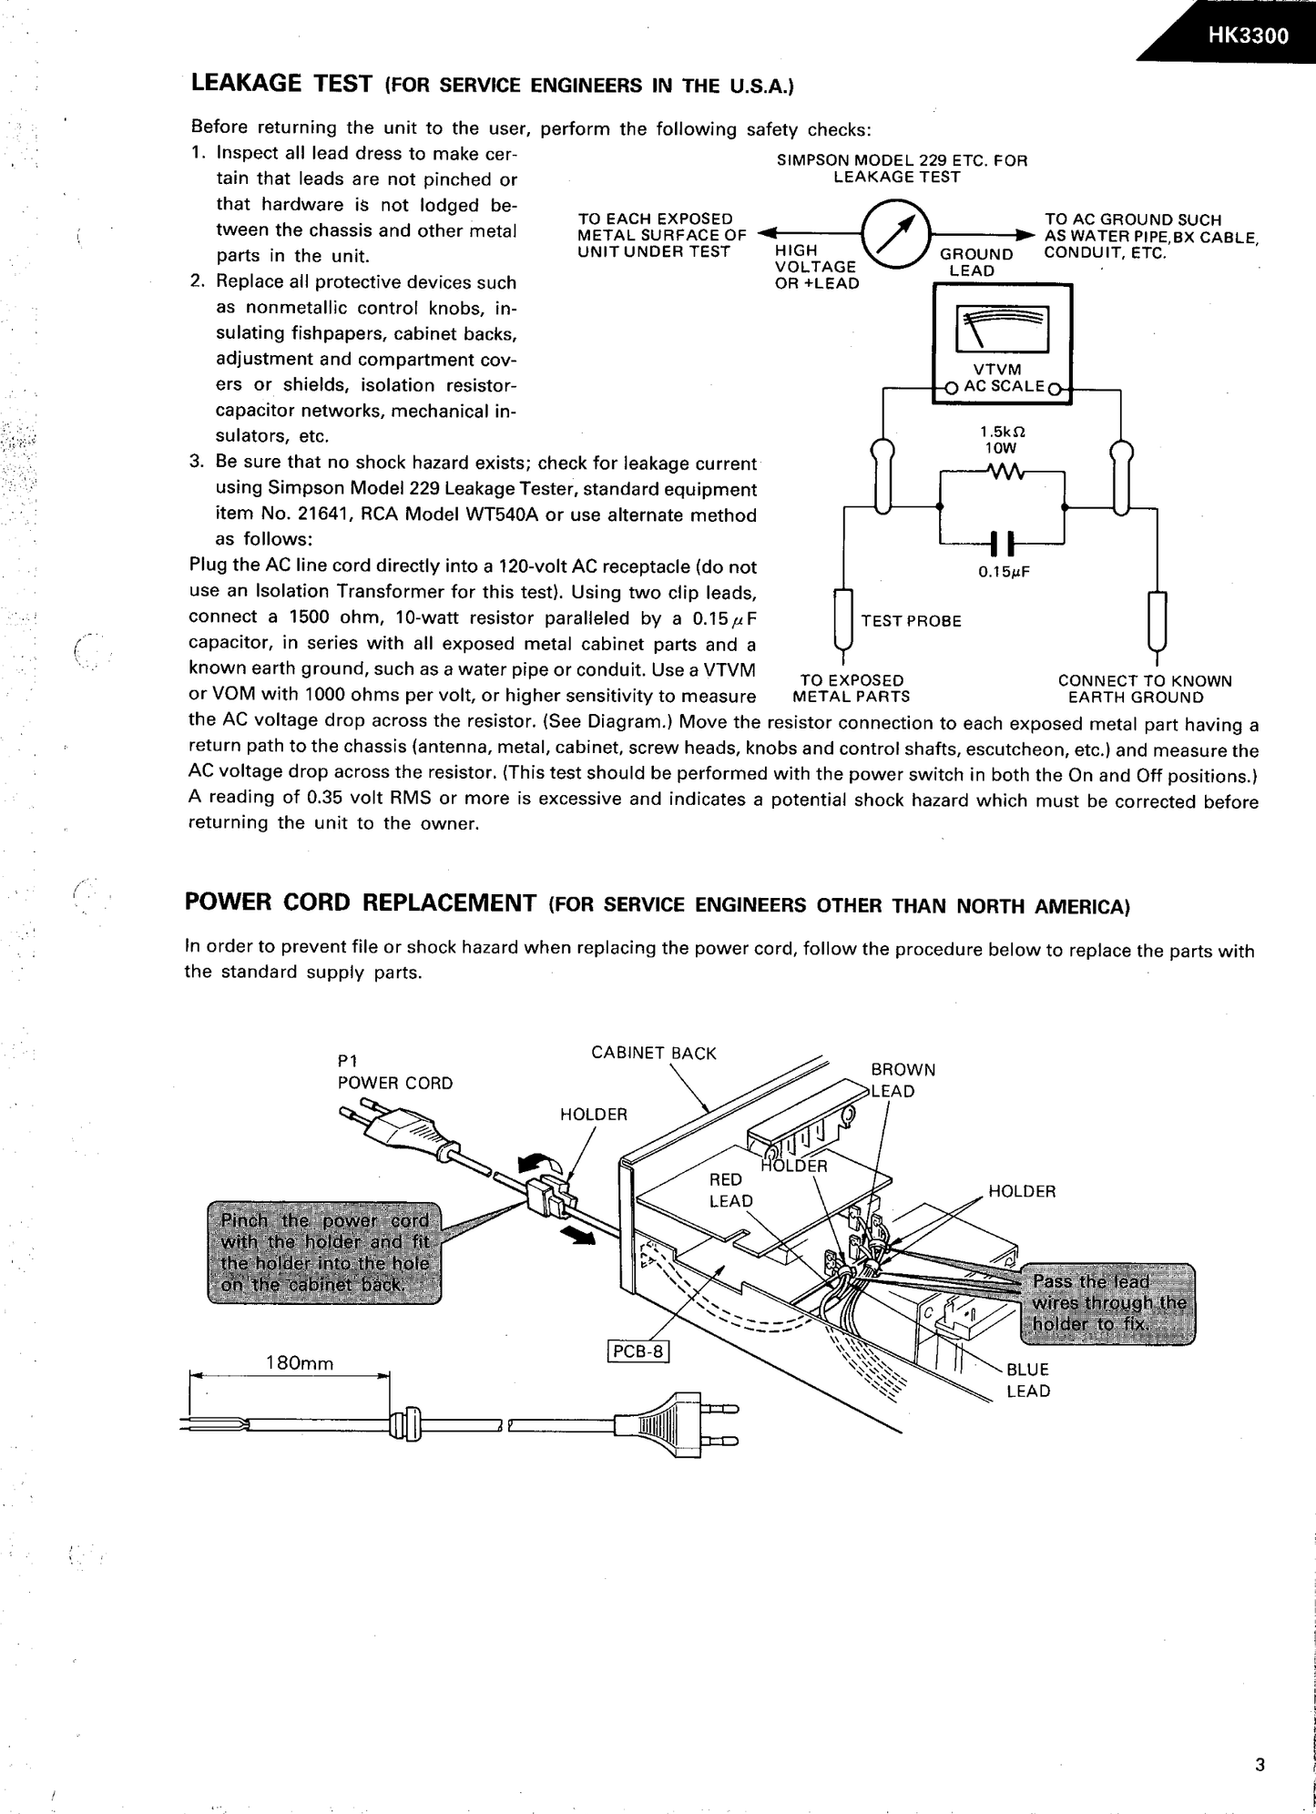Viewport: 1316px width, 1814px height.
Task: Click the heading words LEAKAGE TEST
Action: pyautogui.click(x=281, y=84)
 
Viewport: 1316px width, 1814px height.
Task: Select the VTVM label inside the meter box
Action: pyautogui.click(x=997, y=369)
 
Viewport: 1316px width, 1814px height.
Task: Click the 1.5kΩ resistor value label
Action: pyautogui.click(x=996, y=432)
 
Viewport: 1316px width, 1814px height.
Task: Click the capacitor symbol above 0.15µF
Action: pyautogui.click(x=1001, y=544)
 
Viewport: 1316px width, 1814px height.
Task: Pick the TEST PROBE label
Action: pyautogui.click(x=911, y=621)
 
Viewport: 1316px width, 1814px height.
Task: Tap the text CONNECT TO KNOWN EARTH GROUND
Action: pyautogui.click(x=1144, y=689)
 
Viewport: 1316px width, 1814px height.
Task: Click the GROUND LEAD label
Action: pyautogui.click(x=975, y=262)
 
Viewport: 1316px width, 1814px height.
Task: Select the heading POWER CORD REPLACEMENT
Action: pyautogui.click(x=360, y=902)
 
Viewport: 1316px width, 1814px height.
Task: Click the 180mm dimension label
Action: pyautogui.click(x=299, y=1363)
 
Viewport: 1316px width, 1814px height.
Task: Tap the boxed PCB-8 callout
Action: pyautogui.click(x=638, y=1351)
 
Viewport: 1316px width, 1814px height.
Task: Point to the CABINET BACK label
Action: pyautogui.click(x=653, y=1053)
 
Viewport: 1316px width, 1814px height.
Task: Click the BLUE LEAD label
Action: pyautogui.click(x=1027, y=1380)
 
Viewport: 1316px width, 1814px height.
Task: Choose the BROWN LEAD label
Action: pyautogui.click(x=902, y=1080)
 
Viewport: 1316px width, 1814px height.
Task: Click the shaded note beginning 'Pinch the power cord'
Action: pyautogui.click(x=324, y=1251)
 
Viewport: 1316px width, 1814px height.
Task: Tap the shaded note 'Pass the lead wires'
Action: pyautogui.click(x=1107, y=1302)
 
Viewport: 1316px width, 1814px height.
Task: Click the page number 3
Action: pyautogui.click(x=1260, y=1765)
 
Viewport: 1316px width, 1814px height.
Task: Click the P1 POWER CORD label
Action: pyautogui.click(x=394, y=1072)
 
